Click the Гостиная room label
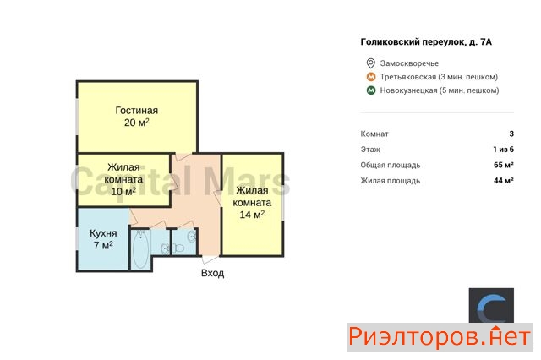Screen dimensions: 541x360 (x=137, y=111)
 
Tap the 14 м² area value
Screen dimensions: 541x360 (x=252, y=215)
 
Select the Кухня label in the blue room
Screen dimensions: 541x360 (x=103, y=233)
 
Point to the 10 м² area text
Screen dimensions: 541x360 (x=123, y=191)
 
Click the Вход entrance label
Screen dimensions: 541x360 (x=212, y=273)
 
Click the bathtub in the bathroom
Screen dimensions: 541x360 (x=140, y=249)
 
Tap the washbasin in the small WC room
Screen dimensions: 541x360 (x=192, y=237)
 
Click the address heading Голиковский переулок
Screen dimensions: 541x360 (x=426, y=42)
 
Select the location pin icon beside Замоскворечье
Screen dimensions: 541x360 (x=370, y=63)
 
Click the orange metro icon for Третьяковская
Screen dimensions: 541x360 (x=371, y=77)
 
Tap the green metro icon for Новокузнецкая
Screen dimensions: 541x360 (x=371, y=90)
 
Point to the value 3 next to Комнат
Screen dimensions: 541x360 (x=511, y=134)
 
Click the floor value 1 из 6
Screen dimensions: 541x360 (x=504, y=150)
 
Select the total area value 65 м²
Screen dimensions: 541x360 (x=504, y=165)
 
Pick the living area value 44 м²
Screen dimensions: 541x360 (x=504, y=180)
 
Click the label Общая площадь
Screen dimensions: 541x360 (x=391, y=165)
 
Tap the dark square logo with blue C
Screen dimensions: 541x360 (x=491, y=306)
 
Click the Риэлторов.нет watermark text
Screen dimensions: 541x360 (x=440, y=337)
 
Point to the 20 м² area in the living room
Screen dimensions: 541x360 (x=137, y=123)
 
